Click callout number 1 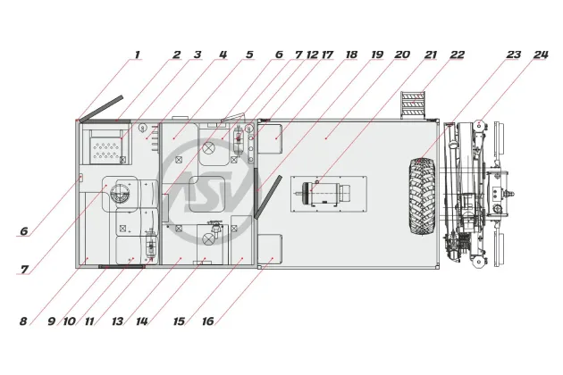click(x=137, y=55)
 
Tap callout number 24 click(x=541, y=55)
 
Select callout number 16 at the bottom click(x=208, y=321)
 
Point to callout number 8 click(x=23, y=321)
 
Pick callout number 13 click(x=117, y=321)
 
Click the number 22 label click(x=458, y=55)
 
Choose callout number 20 click(x=402, y=55)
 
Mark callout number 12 click(x=313, y=55)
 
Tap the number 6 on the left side click(x=24, y=231)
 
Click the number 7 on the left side click(x=24, y=270)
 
